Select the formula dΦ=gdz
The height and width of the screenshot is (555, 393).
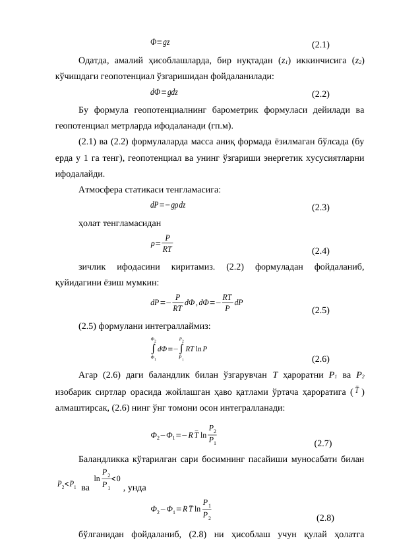point(164,91)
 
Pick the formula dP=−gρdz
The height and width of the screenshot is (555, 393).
point(168,205)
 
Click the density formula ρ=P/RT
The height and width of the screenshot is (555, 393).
point(162,243)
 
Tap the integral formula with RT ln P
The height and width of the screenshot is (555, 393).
point(178,348)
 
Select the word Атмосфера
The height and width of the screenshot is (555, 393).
point(103,190)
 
